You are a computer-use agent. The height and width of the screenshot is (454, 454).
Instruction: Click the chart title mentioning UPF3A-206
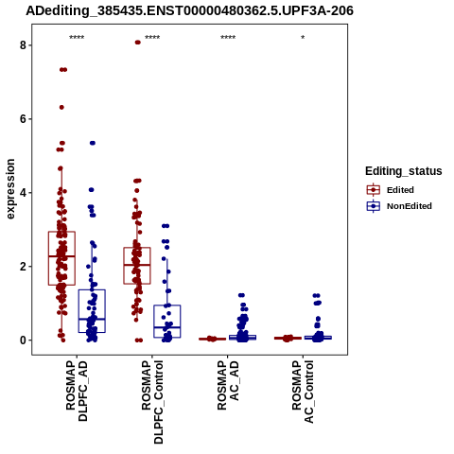tap(189, 11)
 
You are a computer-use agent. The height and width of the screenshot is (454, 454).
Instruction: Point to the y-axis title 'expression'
tap(10, 189)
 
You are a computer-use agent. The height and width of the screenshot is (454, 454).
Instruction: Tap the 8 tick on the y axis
tap(23, 45)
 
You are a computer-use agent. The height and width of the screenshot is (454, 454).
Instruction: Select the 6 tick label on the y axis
tap(23, 119)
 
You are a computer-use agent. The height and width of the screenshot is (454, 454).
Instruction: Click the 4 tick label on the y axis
tap(23, 193)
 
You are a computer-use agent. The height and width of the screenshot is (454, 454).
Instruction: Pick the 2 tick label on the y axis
tap(23, 267)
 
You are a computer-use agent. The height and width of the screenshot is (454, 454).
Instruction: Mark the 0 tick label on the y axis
tap(23, 340)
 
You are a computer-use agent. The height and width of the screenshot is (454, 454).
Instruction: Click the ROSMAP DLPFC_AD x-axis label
tap(77, 391)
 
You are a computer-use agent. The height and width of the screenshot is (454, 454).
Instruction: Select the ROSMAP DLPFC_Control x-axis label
tap(152, 402)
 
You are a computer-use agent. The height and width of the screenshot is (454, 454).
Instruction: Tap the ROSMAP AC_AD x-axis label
tap(228, 385)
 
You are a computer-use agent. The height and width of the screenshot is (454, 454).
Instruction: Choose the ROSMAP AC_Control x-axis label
tap(303, 392)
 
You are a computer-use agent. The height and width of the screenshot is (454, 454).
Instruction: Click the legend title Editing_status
tap(404, 171)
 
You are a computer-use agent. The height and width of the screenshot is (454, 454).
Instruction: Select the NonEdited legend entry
tap(399, 206)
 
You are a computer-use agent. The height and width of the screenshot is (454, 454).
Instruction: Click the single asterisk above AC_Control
tap(303, 38)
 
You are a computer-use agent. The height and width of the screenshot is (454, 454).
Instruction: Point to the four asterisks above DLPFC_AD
tap(77, 38)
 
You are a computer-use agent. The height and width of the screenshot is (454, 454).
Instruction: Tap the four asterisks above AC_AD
tap(228, 38)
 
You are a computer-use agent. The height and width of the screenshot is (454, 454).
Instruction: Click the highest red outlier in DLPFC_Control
tap(137, 43)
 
